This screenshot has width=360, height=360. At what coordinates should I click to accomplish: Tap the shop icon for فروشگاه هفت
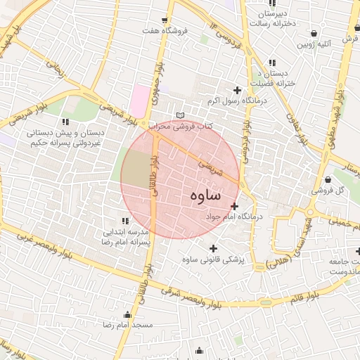tap(165, 20)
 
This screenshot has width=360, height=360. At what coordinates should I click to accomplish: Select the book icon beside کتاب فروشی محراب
tap(181, 115)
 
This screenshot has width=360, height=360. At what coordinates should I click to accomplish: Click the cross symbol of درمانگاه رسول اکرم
tap(237, 89)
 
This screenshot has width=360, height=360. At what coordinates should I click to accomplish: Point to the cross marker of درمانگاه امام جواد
tap(234, 205)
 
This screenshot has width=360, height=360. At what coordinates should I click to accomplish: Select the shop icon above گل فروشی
tap(315, 179)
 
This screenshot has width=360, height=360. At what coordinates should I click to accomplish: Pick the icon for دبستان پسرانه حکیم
tap(65, 122)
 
